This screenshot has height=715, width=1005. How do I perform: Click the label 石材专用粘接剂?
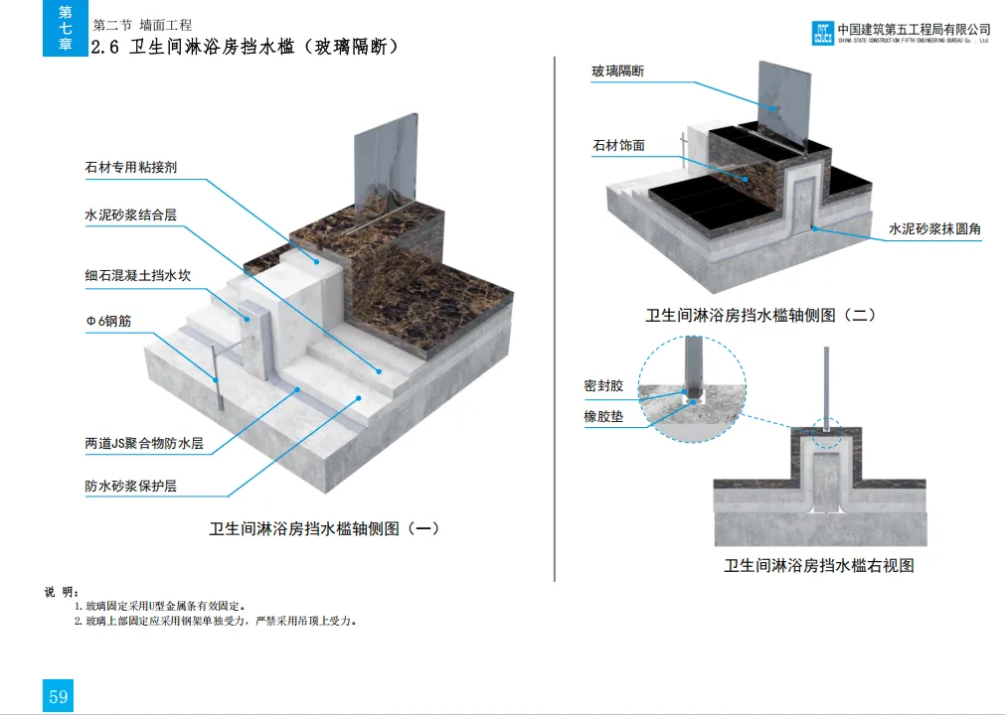tap(130, 168)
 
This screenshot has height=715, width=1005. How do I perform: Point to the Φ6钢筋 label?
tap(110, 322)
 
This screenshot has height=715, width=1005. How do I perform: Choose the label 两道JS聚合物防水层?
tap(143, 444)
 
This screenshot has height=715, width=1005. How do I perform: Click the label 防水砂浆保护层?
tap(130, 487)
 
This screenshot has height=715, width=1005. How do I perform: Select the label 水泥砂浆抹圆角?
tap(934, 228)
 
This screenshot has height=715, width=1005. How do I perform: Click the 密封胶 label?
tap(603, 386)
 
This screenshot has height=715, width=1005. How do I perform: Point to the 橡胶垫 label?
tap(603, 417)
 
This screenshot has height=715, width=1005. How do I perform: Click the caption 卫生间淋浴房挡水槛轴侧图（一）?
tap(324, 529)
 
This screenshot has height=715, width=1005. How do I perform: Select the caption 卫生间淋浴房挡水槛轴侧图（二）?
tap(760, 316)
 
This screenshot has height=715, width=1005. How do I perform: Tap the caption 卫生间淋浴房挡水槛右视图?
tap(818, 566)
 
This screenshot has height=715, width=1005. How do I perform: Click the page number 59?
tap(58, 696)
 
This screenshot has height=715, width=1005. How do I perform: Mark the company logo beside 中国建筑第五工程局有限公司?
tap(823, 34)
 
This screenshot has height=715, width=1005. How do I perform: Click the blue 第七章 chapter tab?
tap(65, 28)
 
